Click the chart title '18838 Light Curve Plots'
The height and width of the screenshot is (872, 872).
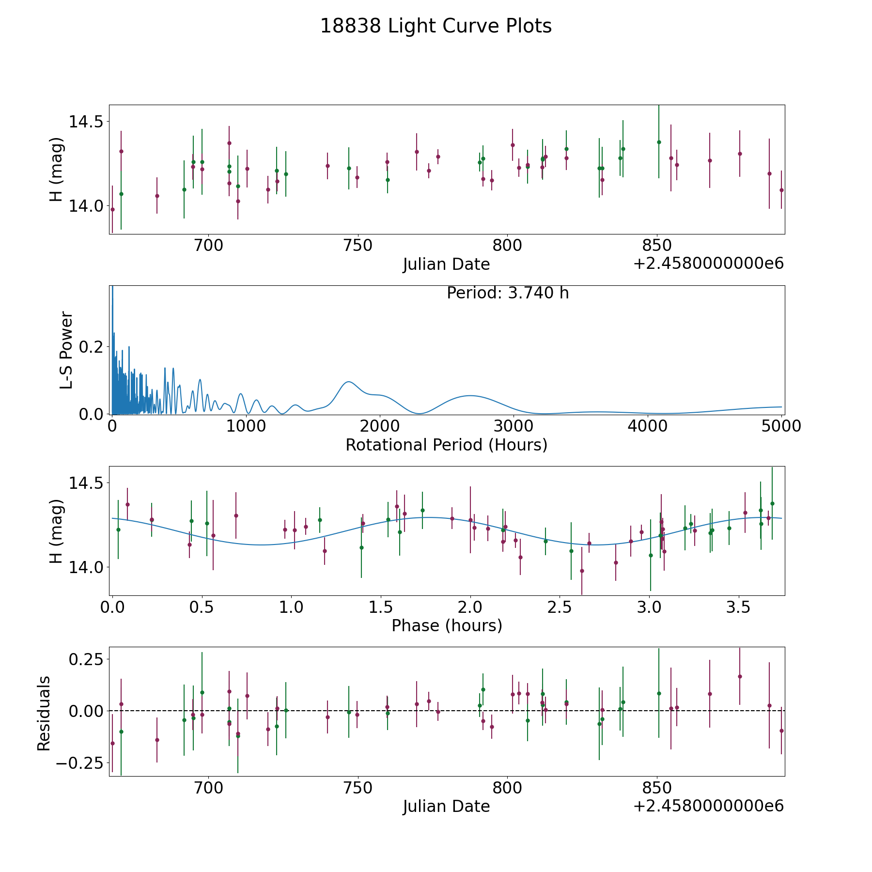click(436, 26)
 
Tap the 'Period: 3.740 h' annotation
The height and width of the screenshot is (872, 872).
click(508, 293)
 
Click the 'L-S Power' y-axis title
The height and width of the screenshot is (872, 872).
click(66, 350)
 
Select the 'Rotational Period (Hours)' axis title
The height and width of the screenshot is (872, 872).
click(446, 445)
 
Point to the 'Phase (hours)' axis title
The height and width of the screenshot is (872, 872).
click(447, 625)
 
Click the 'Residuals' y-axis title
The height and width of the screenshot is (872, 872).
click(44, 713)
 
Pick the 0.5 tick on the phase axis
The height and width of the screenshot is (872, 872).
click(202, 607)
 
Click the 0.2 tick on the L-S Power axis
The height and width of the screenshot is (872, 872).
click(91, 347)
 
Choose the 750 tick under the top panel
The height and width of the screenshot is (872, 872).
click(358, 245)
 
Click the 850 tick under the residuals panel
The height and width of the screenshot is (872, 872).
click(656, 787)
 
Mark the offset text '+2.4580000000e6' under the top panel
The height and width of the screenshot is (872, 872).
click(708, 264)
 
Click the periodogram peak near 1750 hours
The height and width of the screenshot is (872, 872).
click(348, 382)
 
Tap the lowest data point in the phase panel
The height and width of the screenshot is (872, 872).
click(582, 571)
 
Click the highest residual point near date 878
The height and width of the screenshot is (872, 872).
click(740, 676)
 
